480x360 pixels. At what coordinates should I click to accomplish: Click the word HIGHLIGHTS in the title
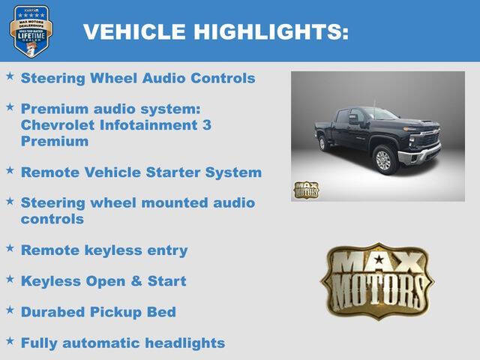coord(271,31)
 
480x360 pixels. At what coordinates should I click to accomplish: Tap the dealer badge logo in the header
coord(31,31)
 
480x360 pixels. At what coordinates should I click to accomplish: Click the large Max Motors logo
coord(377,280)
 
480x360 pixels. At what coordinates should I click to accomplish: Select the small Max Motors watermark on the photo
coord(306,190)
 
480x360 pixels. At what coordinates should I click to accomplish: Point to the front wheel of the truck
coord(383,160)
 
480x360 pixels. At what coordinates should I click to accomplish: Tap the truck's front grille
coord(428,139)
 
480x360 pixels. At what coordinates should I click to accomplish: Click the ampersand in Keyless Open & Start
coord(138,281)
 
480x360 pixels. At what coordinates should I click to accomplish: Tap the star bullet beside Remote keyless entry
coord(10,248)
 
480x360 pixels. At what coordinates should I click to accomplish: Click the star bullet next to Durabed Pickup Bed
coord(10,310)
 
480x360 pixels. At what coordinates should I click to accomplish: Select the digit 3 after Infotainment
coord(206,124)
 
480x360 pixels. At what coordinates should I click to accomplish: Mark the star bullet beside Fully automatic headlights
coord(10,340)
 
